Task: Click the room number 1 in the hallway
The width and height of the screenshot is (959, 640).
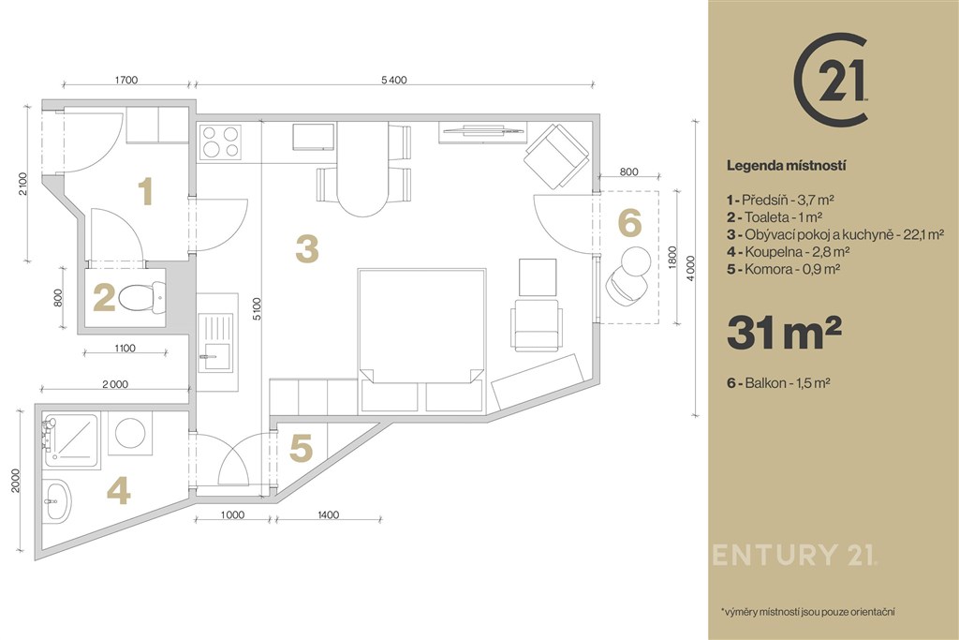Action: point(145,191)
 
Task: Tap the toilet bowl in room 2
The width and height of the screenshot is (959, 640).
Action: point(142,298)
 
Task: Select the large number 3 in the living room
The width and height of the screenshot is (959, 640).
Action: point(307,249)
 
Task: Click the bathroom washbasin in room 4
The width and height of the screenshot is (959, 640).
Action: point(57,501)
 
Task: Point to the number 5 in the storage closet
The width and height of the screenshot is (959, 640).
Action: point(301,448)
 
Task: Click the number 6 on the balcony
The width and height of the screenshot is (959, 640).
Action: point(630,222)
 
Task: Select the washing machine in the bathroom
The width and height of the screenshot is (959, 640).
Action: point(129,433)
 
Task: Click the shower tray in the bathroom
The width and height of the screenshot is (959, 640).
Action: point(71,441)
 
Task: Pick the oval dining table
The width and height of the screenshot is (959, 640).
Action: point(362,169)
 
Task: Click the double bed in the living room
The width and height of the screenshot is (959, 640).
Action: point(422,340)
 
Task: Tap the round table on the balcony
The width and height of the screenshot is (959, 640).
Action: point(635,261)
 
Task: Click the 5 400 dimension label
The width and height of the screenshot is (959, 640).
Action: point(394,81)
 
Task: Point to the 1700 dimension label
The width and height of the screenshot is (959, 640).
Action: point(126,80)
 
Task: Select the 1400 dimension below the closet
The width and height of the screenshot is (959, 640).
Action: point(329,515)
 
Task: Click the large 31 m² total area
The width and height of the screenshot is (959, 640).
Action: point(784,333)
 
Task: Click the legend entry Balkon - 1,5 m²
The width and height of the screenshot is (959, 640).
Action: point(778,383)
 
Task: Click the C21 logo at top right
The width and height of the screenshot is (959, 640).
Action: point(832,80)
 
